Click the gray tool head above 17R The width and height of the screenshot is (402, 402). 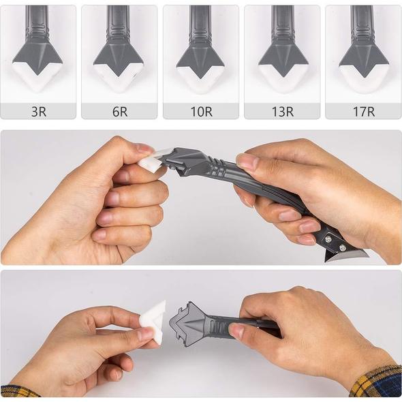pos(363,53)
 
